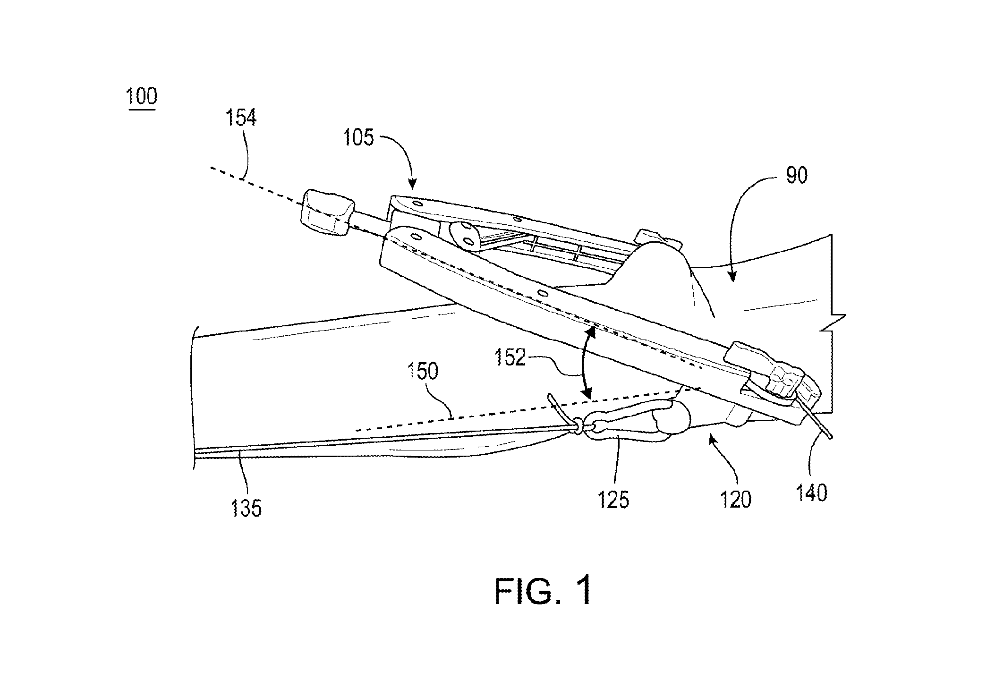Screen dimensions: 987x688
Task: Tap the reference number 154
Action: [241, 118]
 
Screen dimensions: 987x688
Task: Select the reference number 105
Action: [359, 138]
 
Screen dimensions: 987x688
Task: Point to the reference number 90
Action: [797, 175]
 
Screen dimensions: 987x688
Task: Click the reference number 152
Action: [510, 358]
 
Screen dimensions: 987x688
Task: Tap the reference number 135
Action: [246, 509]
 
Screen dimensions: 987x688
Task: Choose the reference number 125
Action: [613, 500]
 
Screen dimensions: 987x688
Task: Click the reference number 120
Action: [735, 499]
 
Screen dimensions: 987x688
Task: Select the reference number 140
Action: [812, 493]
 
